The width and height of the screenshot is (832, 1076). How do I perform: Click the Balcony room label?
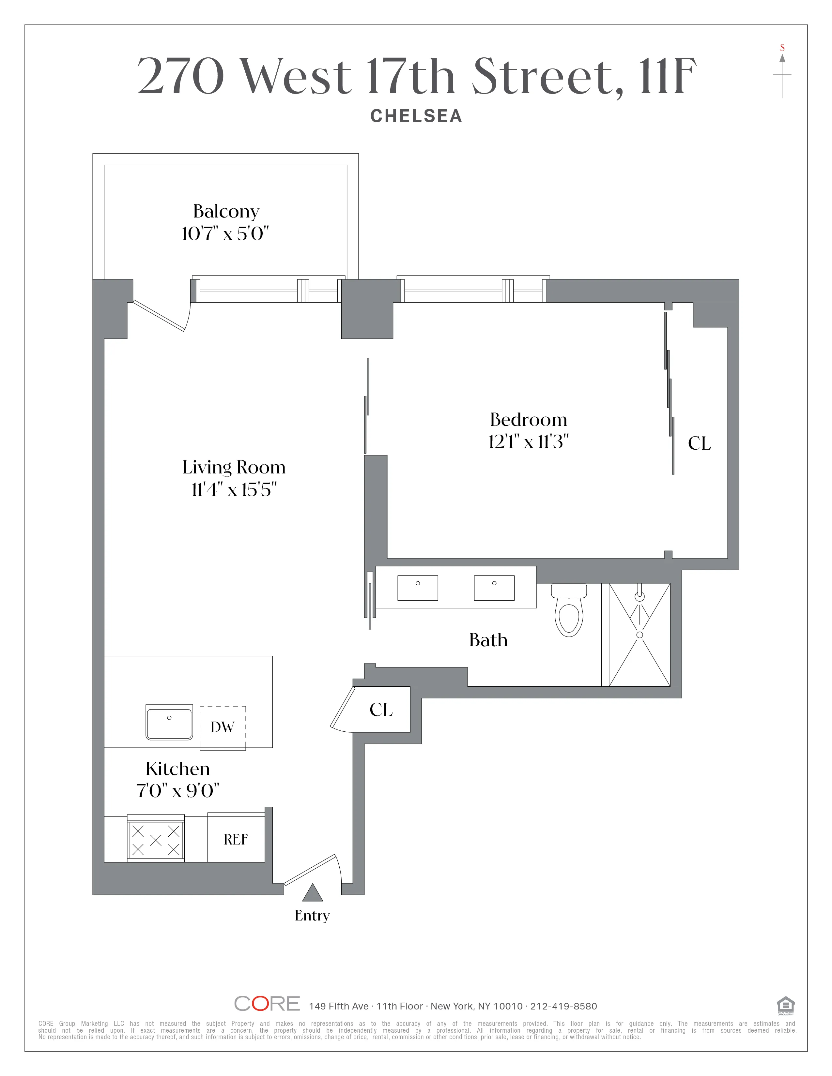(226, 211)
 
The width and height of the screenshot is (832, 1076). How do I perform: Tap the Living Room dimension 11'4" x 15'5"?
(234, 490)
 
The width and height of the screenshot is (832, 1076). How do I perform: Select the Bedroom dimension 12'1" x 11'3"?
(528, 441)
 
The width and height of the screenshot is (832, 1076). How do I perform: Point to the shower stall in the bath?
(639, 635)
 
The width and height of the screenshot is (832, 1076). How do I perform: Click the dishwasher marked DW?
(222, 727)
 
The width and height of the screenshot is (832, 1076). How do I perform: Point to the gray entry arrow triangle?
(312, 893)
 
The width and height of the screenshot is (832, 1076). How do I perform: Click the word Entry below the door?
(312, 915)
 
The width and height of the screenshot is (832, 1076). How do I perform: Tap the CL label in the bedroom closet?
(700, 443)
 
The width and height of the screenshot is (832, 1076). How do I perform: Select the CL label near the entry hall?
(381, 710)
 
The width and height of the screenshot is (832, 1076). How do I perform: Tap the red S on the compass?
(782, 48)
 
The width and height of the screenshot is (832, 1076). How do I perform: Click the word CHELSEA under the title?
(416, 116)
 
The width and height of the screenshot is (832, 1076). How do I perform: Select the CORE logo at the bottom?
(267, 1004)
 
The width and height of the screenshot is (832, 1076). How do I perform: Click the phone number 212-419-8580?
(563, 1006)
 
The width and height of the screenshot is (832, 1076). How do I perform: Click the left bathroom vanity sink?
(418, 588)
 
